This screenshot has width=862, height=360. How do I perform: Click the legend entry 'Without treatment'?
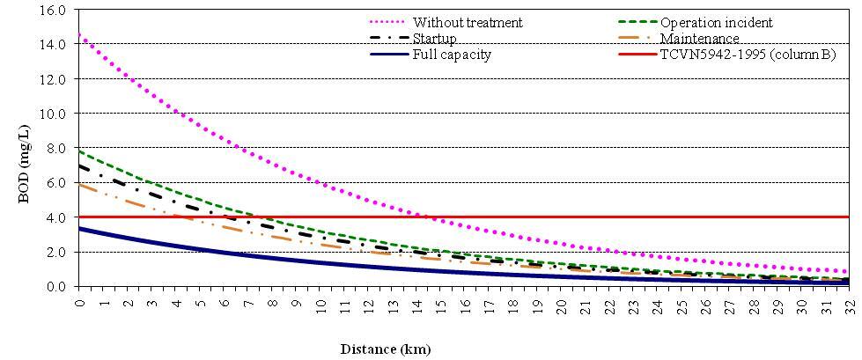(x=467, y=22)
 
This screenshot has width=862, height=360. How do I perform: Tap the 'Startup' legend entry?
(x=434, y=38)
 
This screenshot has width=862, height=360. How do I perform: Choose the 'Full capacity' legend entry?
(x=452, y=55)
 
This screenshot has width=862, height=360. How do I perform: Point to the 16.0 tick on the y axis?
(x=59, y=10)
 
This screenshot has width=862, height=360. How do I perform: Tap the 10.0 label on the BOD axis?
(x=59, y=114)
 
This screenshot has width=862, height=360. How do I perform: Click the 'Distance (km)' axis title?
(x=386, y=349)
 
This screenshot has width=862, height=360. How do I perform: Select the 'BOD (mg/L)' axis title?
(x=27, y=147)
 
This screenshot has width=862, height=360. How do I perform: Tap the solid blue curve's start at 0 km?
(x=80, y=229)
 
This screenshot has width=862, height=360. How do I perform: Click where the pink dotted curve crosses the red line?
(x=424, y=217)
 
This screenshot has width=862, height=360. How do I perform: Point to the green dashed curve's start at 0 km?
(x=80, y=151)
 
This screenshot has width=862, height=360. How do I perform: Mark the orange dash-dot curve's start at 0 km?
(x=80, y=184)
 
